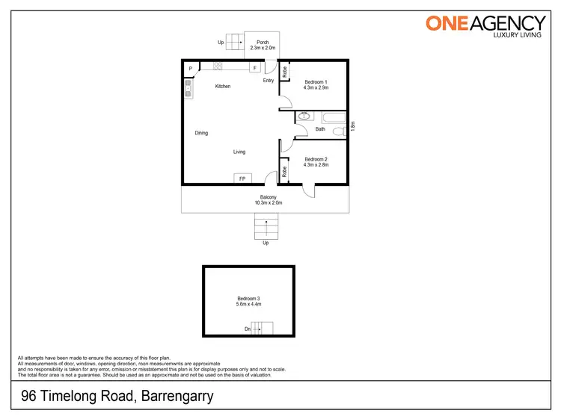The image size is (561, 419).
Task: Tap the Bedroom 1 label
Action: point(316,84)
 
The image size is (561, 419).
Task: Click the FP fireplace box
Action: point(242,179)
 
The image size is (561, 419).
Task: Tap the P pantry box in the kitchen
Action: point(191,68)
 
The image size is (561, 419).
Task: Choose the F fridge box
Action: point(255,68)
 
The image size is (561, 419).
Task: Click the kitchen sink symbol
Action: point(188,91)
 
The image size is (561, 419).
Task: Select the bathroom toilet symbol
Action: point(337,130)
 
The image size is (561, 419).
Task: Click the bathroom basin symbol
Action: point(304,117)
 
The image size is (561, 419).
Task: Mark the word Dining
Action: point(201,133)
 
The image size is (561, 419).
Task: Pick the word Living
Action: point(239,152)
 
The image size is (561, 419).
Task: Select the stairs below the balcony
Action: point(266,226)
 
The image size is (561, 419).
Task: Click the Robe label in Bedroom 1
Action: point(285,72)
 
